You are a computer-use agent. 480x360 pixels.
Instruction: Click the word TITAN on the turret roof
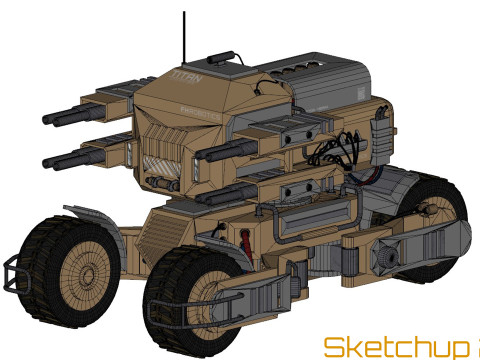(186, 76)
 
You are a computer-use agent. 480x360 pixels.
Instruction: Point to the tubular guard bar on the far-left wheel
(12, 275)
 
